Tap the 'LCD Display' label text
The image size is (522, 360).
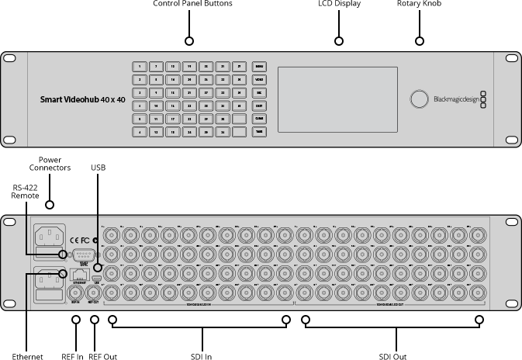click(x=338, y=4)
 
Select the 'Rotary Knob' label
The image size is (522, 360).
click(x=419, y=4)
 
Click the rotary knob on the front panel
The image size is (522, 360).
click(x=419, y=99)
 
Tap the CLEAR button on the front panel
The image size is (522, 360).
click(x=259, y=119)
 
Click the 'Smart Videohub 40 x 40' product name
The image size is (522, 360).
click(x=82, y=99)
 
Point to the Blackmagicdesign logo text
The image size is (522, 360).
click(x=455, y=99)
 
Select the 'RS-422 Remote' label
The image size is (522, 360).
click(x=25, y=192)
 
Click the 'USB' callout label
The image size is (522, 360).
click(x=98, y=168)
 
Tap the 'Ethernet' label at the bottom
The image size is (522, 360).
click(x=28, y=356)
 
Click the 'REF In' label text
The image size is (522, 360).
click(x=72, y=356)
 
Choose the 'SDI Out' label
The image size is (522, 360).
click(x=392, y=356)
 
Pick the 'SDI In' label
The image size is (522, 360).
click(x=202, y=356)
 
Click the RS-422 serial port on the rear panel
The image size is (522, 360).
click(x=83, y=255)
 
